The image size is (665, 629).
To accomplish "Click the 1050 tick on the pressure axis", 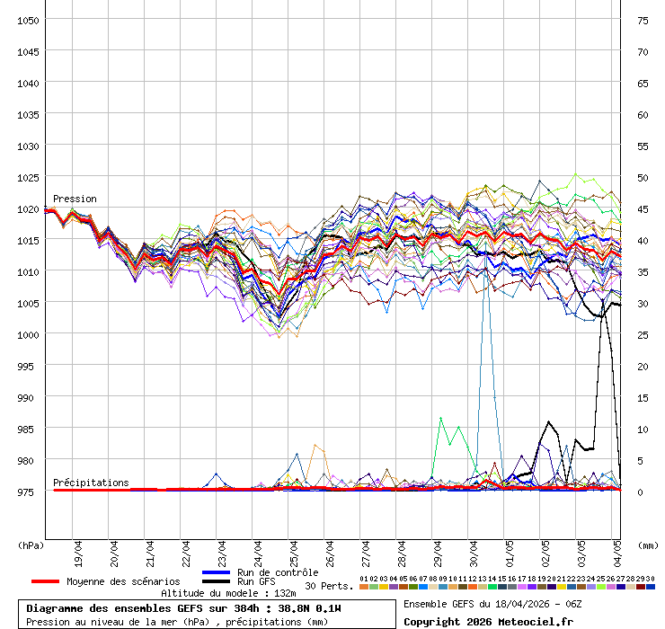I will (27, 20).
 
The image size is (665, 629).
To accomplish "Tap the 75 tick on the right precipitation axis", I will (643, 20).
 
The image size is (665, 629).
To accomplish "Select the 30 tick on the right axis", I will (643, 303).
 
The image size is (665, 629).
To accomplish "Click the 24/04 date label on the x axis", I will (258, 550).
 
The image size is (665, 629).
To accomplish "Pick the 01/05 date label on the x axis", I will (510, 550).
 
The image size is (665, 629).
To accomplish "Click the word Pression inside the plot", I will (75, 199).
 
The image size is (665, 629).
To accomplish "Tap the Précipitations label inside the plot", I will (91, 483).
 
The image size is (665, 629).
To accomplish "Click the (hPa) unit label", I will (31, 545).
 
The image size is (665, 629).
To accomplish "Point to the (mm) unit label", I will (648, 545).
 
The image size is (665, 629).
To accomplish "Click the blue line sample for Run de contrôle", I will (217, 572).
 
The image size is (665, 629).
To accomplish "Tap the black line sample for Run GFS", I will (217, 581).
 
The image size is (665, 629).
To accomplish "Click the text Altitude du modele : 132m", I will (228, 593).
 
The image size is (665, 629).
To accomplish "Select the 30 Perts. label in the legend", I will (329, 586).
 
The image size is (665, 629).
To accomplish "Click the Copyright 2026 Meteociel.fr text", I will (488, 621).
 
